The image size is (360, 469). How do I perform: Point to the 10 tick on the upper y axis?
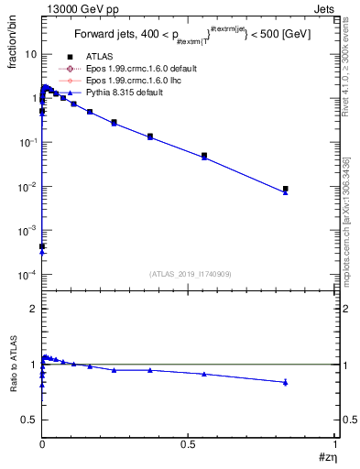[30, 54]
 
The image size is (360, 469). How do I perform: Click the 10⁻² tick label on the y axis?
[28, 187]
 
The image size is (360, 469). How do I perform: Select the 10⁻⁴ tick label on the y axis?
[28, 275]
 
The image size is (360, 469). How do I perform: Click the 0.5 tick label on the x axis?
[188, 444]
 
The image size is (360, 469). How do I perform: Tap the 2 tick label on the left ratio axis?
[32, 310]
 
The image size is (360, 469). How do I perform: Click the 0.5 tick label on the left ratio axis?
[28, 420]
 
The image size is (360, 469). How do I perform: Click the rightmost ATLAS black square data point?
[286, 189]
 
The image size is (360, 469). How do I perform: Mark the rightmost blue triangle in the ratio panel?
[286, 382]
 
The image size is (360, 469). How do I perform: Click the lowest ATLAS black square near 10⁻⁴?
[42, 246]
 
